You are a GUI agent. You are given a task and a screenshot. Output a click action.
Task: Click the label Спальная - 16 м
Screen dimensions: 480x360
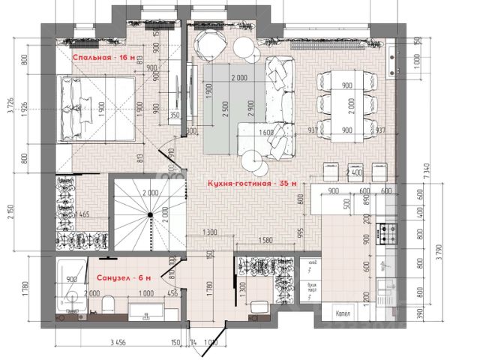pyautogui.click(x=103, y=57)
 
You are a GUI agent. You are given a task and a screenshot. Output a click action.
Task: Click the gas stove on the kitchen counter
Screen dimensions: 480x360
pyautogui.click(x=388, y=234)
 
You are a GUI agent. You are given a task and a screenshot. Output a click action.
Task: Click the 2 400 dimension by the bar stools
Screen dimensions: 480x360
pyautogui.click(x=355, y=175)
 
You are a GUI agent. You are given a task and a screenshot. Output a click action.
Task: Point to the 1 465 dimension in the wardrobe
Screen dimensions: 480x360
pyautogui.click(x=83, y=214)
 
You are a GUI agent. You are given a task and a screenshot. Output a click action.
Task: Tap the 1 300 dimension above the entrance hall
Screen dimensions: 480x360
pyautogui.click(x=209, y=232)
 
